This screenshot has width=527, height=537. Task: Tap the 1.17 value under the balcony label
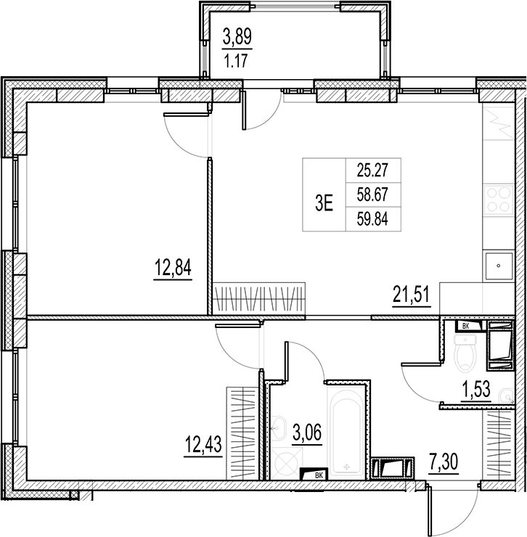tap(236, 62)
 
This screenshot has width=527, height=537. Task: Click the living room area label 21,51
tap(412, 296)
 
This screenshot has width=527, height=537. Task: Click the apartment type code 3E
tap(324, 203)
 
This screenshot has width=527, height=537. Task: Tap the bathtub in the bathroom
tap(347, 435)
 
